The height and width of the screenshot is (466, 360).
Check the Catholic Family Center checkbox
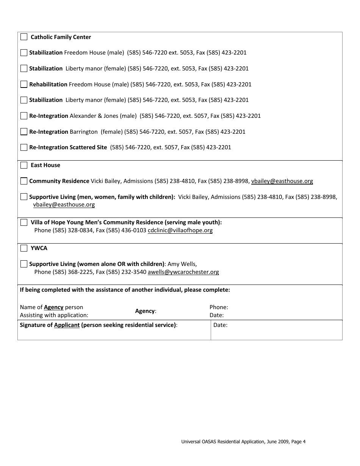point(24,37)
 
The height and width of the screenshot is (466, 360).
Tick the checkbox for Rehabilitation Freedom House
point(24,84)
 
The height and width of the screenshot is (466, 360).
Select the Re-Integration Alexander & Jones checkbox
point(24,116)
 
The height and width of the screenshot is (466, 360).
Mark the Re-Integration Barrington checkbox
point(24,132)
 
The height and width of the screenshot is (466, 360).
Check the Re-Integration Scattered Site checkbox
point(24,147)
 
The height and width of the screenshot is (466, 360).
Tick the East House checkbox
point(24,165)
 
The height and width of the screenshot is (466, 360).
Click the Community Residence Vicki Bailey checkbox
point(24,181)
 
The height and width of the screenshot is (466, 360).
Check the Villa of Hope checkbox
point(24,222)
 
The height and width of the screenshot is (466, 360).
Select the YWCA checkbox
point(24,248)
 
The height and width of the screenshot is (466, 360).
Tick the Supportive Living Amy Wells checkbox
point(24,264)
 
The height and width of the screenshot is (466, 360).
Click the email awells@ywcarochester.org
point(183,272)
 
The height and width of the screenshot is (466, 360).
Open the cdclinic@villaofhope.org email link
point(180,230)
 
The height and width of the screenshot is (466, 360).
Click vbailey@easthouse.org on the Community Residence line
point(282,181)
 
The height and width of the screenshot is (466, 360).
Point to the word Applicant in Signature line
point(67,325)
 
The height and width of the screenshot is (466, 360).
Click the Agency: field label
point(146,311)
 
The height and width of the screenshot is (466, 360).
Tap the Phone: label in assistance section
point(219,307)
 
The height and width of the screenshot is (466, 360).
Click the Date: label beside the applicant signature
point(220,325)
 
